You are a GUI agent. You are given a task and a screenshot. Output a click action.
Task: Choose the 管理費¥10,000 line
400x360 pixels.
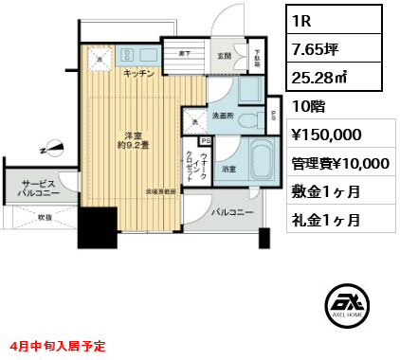[340, 162]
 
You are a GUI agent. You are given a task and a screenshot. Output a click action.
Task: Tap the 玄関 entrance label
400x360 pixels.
[224, 56]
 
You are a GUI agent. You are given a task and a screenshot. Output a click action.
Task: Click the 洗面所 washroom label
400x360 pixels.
[223, 116]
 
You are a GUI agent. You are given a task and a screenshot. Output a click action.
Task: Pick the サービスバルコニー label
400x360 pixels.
[39, 188]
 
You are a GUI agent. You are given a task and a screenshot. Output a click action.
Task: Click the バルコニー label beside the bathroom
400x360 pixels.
[231, 212]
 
